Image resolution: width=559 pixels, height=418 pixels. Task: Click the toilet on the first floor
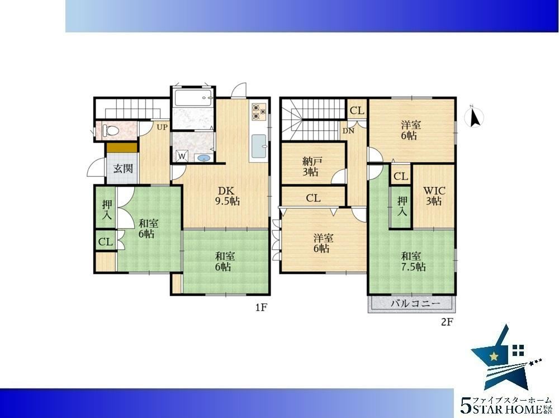[x=110, y=130]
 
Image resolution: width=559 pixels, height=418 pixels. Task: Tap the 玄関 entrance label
[x=123, y=168]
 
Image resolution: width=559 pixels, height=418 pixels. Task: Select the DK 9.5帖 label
[x=227, y=196]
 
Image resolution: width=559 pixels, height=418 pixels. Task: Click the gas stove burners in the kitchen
[x=259, y=111]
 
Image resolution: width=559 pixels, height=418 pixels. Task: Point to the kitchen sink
[x=259, y=146]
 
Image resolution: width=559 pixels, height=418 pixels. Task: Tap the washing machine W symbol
[x=182, y=156]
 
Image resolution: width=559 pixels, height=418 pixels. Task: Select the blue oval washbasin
[x=203, y=158]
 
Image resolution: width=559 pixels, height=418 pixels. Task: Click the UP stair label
[x=162, y=127]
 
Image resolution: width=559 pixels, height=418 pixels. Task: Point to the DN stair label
[x=348, y=131]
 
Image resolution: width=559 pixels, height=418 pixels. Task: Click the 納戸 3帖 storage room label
[x=310, y=167]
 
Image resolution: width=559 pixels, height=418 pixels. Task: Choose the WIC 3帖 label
[x=434, y=196]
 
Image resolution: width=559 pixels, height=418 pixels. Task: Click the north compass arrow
[x=475, y=117]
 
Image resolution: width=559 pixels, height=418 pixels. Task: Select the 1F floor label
[x=261, y=307]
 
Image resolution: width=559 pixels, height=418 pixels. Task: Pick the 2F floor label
[x=447, y=322]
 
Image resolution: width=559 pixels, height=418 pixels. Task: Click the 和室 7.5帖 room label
[x=413, y=261]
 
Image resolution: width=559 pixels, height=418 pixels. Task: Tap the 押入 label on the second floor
[x=402, y=206]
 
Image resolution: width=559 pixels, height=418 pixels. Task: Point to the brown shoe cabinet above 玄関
[x=121, y=147]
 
